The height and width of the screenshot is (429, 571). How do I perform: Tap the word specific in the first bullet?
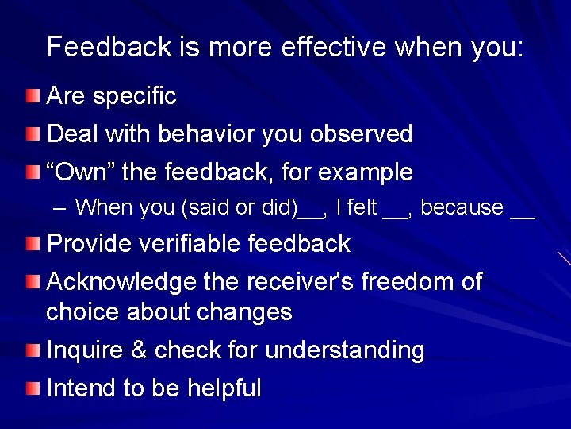[135, 98]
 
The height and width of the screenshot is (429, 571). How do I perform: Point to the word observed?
[366, 134]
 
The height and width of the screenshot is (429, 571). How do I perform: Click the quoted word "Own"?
[79, 172]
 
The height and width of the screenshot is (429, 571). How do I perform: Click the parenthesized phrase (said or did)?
[241, 208]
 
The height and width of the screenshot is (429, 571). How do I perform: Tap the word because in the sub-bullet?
[462, 208]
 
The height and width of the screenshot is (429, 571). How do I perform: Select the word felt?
[361, 208]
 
